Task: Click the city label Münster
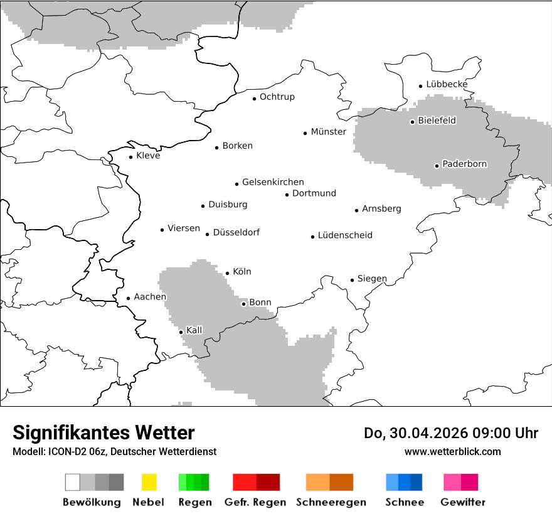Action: tap(329, 132)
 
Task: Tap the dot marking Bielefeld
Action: tap(412, 122)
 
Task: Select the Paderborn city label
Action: tap(464, 164)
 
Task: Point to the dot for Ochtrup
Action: tap(254, 99)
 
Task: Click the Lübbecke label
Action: tap(447, 84)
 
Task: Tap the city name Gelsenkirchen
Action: tap(273, 182)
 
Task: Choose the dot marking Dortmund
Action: tap(287, 195)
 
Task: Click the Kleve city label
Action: tap(148, 156)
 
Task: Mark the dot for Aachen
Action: tap(128, 299)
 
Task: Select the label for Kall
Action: tap(194, 330)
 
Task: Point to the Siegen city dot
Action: tap(352, 280)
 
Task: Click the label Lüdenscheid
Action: tap(345, 235)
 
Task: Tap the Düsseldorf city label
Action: tap(236, 232)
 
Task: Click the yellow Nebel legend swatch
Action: tap(149, 482)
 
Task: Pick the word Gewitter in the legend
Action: tap(463, 502)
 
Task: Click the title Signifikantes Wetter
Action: tap(103, 432)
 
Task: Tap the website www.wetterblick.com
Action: tap(452, 451)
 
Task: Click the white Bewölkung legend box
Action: tap(72, 482)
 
